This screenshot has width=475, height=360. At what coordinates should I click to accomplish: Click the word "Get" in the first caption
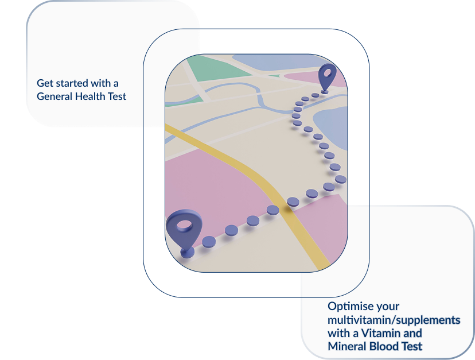(45, 83)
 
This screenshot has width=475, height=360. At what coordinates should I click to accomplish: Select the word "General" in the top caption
(54, 96)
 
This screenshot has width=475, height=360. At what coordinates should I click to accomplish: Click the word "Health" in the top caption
(91, 96)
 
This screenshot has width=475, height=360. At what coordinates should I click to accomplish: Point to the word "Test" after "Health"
(117, 96)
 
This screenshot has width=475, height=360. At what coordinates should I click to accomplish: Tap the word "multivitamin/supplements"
(394, 319)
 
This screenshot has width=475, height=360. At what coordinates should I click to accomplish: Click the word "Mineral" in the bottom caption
(346, 346)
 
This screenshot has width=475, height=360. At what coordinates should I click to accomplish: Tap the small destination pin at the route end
(326, 77)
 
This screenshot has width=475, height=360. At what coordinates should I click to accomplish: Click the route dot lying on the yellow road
(293, 202)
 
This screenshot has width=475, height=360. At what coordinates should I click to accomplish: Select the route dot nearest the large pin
(209, 241)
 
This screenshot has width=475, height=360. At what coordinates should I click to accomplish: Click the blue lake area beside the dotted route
(333, 126)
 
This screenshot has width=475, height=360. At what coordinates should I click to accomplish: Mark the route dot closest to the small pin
(315, 95)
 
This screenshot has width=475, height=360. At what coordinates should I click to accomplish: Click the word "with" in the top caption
(105, 83)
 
